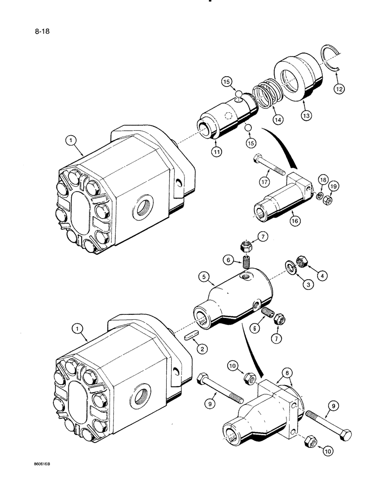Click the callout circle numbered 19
point(334,187)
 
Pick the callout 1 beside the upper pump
point(72,141)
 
